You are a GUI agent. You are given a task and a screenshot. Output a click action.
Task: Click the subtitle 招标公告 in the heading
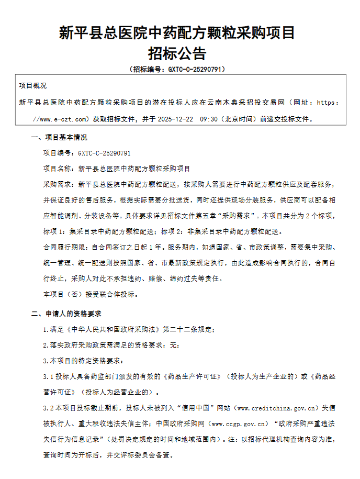click(177, 53)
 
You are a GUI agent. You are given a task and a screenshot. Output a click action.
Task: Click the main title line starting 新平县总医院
click(177, 33)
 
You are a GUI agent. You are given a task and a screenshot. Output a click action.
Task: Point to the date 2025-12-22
click(175, 119)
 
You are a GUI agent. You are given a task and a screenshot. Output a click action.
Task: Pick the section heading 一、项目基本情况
click(59, 138)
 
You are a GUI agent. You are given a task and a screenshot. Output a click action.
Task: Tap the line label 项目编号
click(59, 153)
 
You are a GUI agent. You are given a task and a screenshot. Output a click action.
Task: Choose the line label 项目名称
click(59, 169)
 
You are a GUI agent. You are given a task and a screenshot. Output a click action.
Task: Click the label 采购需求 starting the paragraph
click(59, 185)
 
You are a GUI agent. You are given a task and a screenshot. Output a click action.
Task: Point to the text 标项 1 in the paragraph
click(54, 231)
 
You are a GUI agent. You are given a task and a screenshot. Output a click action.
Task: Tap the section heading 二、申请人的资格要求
click(65, 314)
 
